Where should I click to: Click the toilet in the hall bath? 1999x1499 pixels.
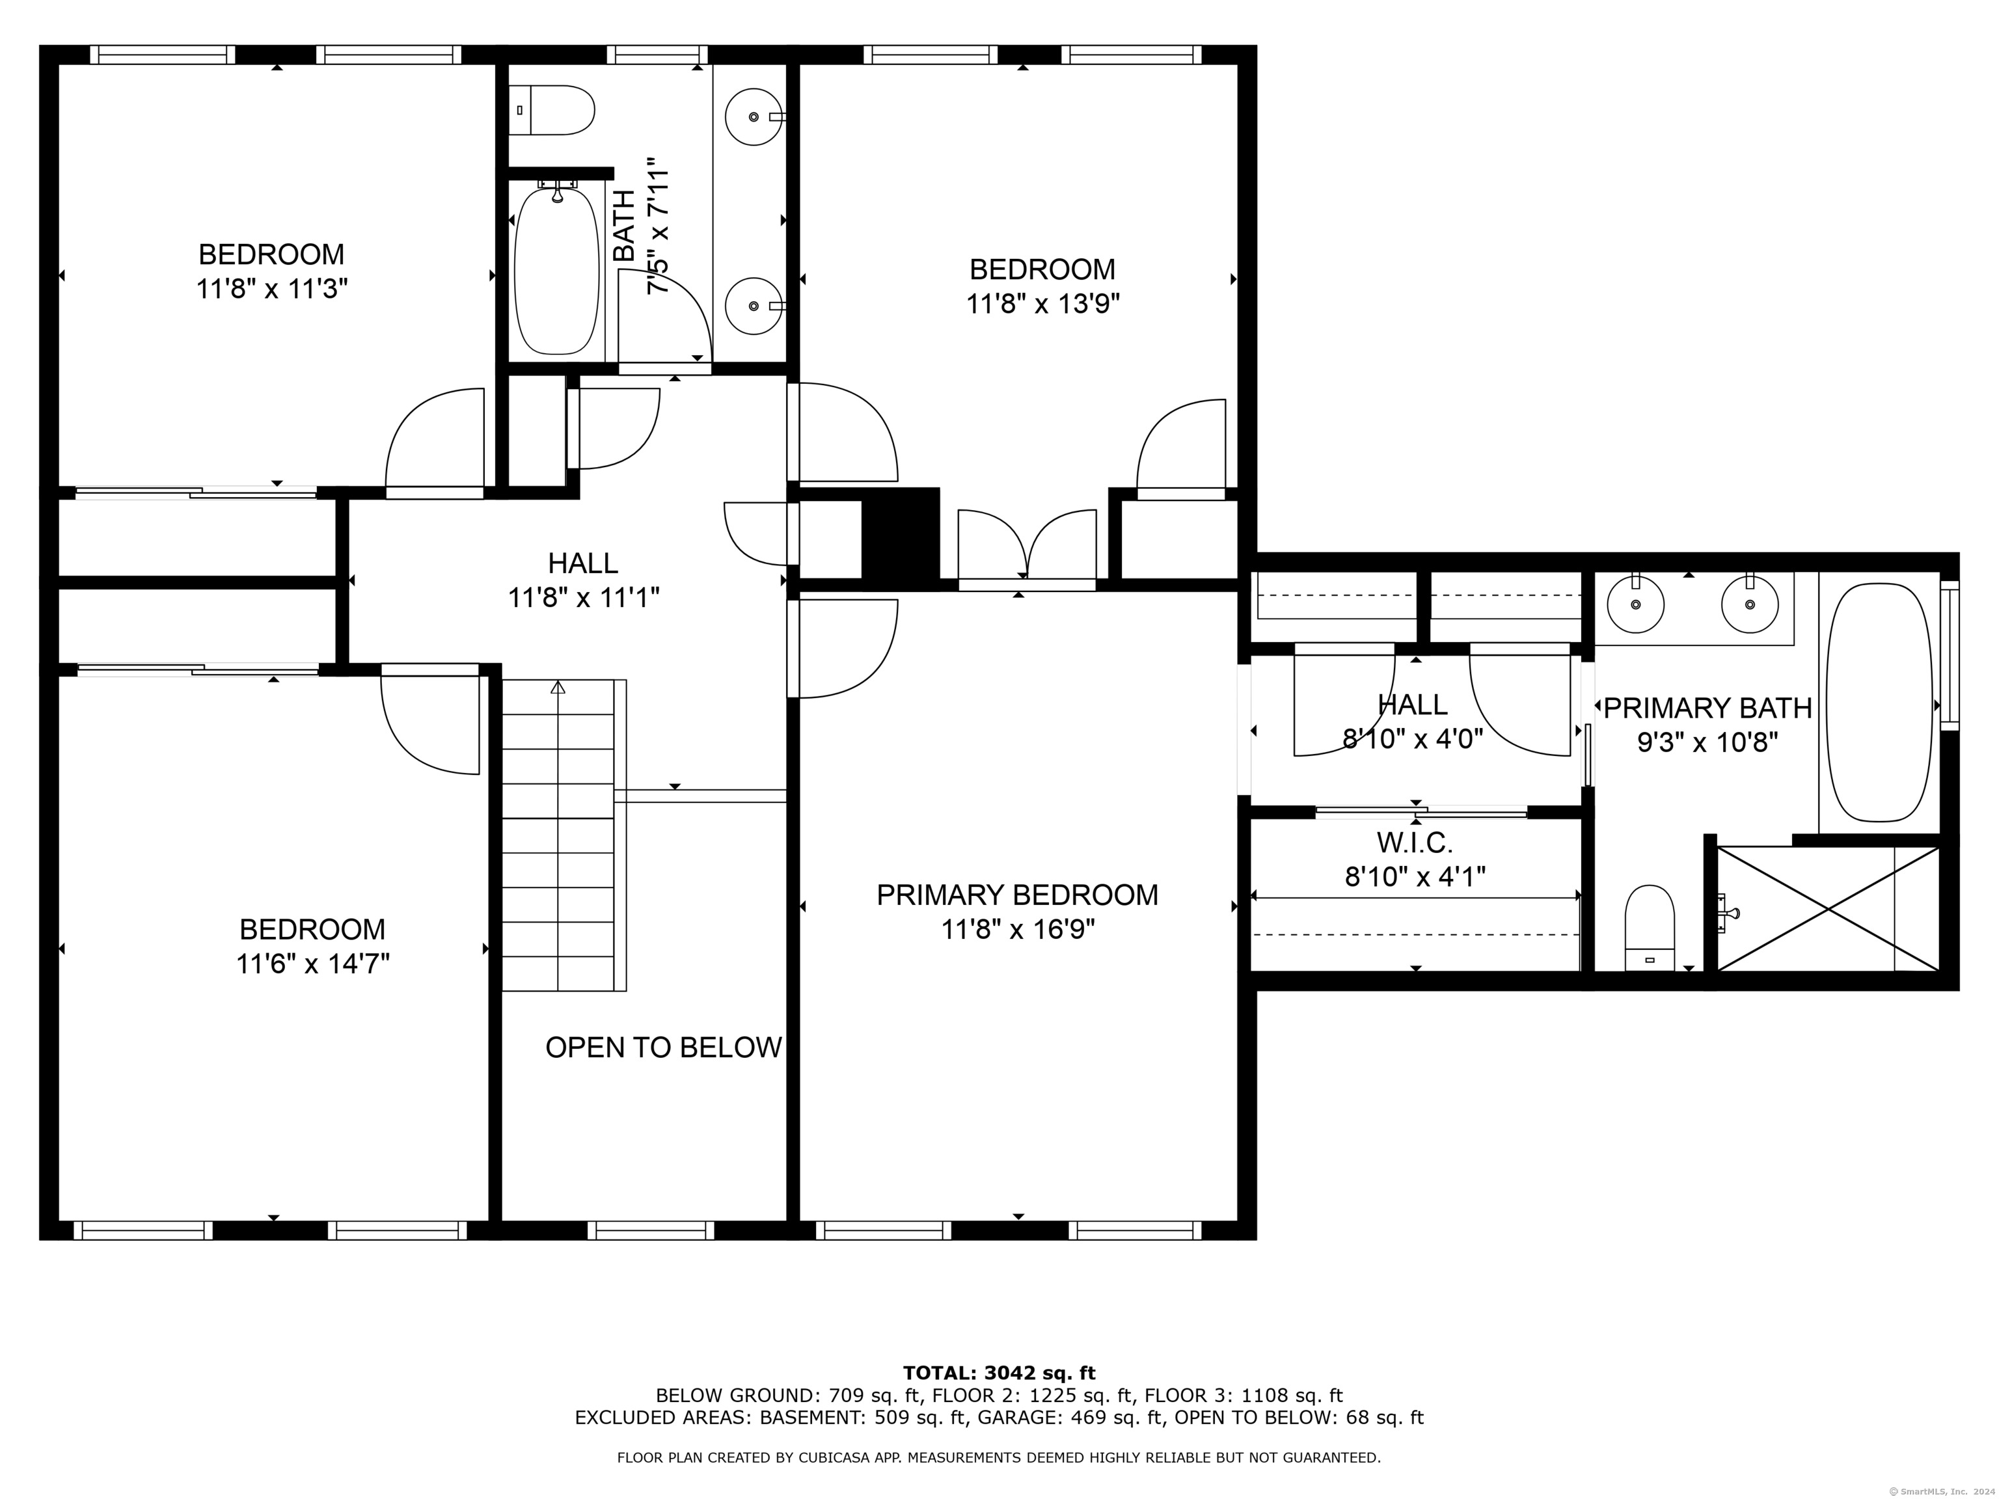tap(551, 110)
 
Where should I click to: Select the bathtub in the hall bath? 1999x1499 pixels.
tap(556, 271)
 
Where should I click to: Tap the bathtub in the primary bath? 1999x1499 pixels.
tap(1880, 702)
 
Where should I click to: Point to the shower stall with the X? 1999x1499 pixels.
tap(1827, 909)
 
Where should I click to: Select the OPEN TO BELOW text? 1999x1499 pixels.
tap(663, 1047)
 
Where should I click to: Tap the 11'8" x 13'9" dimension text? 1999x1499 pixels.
tap(1043, 304)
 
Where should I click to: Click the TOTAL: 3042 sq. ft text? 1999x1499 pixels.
tap(999, 1374)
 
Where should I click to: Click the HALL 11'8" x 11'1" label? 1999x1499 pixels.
tap(584, 580)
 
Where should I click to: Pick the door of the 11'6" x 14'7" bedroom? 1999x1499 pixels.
tap(429, 719)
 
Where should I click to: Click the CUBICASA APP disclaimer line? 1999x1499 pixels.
tap(999, 1457)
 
